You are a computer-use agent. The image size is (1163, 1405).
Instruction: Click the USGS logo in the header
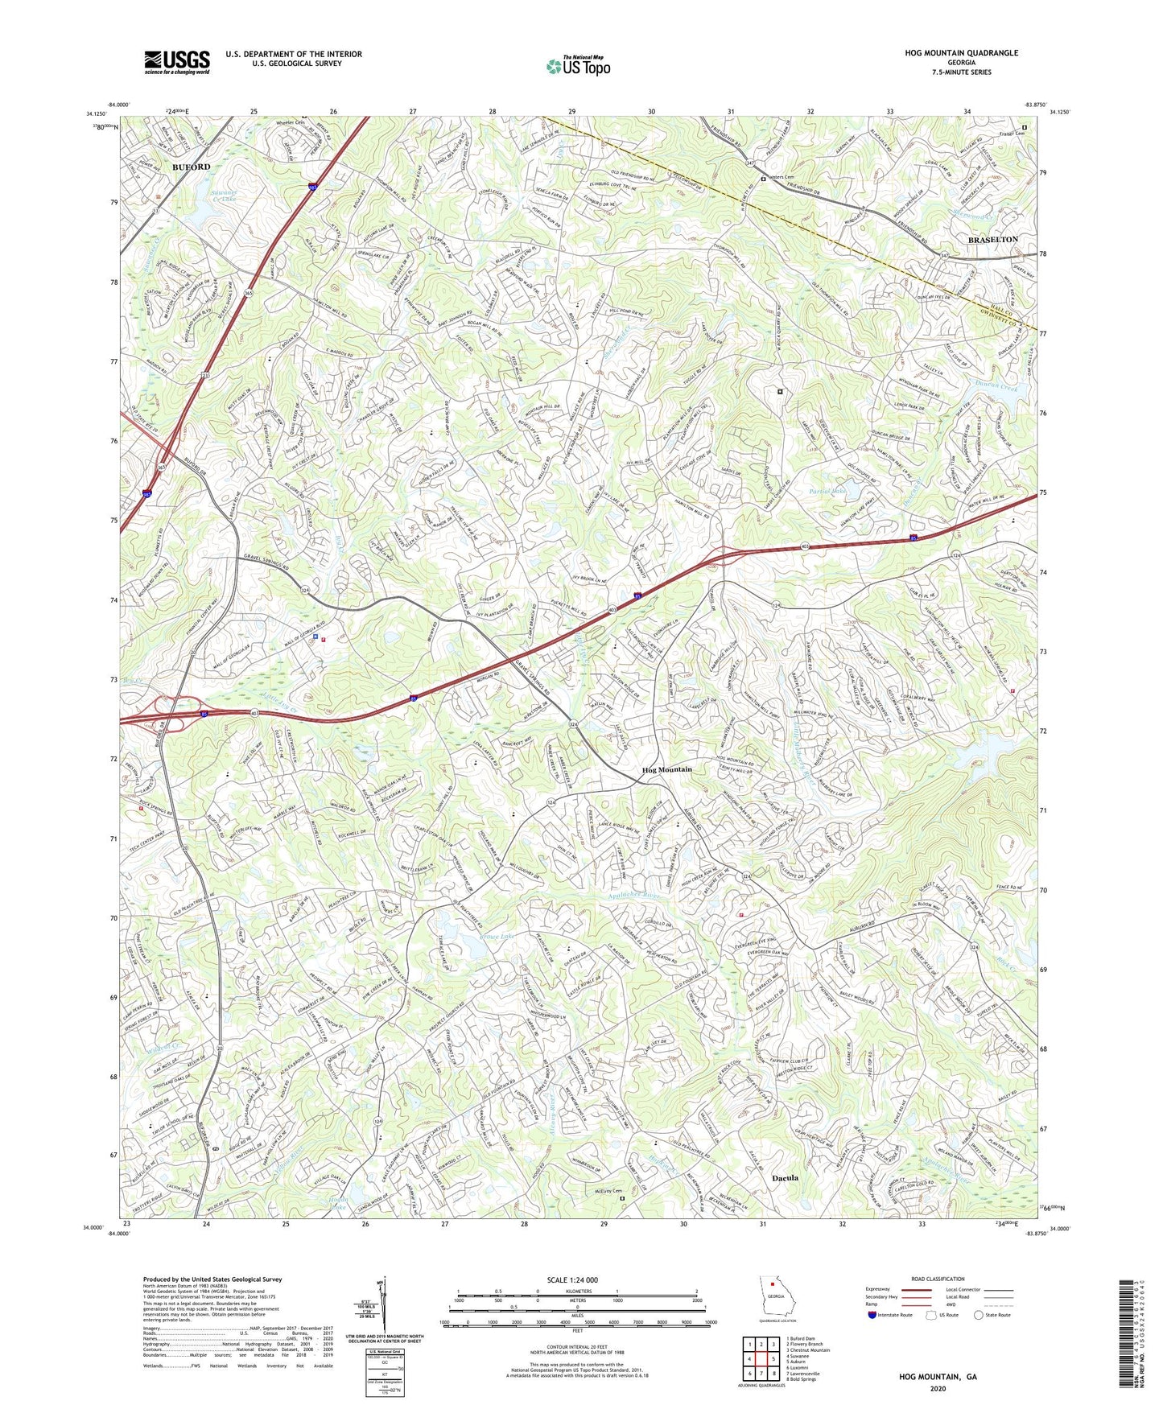(177, 61)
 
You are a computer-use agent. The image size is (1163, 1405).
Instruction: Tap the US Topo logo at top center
(577, 67)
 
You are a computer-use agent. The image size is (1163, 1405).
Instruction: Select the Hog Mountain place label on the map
(666, 770)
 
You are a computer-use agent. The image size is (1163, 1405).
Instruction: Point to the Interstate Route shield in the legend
(871, 1315)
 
